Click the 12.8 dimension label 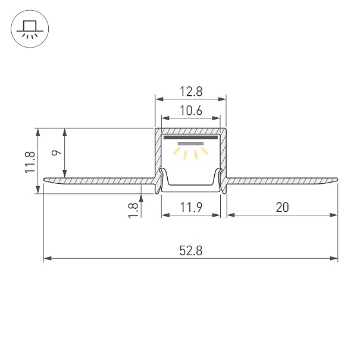coord(191,91)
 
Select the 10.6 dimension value coord(191,111)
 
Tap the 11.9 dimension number coord(191,207)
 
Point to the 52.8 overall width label coord(191,251)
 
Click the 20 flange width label coord(282,207)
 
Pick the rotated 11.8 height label coord(30,162)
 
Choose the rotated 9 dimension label coord(57,152)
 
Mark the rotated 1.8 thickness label coord(133,210)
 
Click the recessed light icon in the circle coord(30,29)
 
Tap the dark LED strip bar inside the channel coord(190,137)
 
